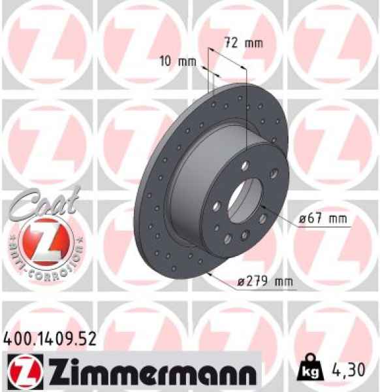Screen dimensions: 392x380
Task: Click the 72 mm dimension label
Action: point(242,44)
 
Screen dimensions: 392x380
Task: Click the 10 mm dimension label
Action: point(178,62)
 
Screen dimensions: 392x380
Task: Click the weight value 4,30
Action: point(355,371)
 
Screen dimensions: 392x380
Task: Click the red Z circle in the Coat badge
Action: point(41,240)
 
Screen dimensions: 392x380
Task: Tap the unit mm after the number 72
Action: point(252,44)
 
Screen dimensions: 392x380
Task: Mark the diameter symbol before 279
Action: point(241,282)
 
